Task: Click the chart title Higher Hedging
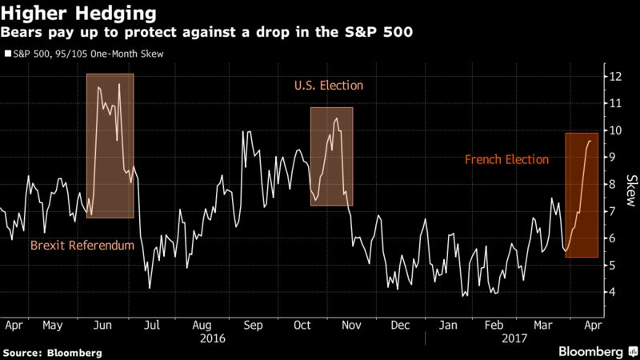(60, 13)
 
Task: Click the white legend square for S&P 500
(7, 54)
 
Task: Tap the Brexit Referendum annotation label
(82, 246)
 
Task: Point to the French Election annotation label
(506, 159)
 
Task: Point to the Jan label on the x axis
(450, 326)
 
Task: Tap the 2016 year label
(211, 338)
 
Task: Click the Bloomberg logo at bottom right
(591, 351)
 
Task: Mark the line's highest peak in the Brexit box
(119, 84)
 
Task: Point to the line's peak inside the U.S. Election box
(336, 119)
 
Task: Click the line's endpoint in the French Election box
(590, 141)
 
